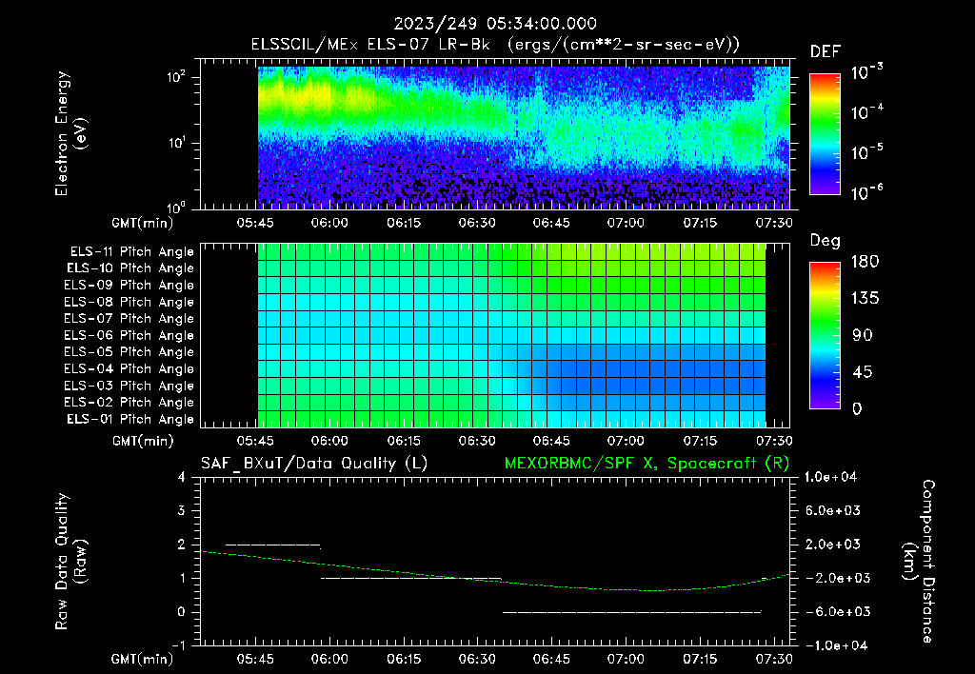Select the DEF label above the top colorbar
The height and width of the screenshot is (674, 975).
(825, 52)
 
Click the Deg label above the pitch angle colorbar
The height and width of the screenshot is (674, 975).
(825, 241)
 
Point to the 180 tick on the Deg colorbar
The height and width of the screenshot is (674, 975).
(863, 262)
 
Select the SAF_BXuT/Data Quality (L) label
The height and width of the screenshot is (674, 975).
(313, 464)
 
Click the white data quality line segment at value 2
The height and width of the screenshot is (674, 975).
(272, 545)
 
